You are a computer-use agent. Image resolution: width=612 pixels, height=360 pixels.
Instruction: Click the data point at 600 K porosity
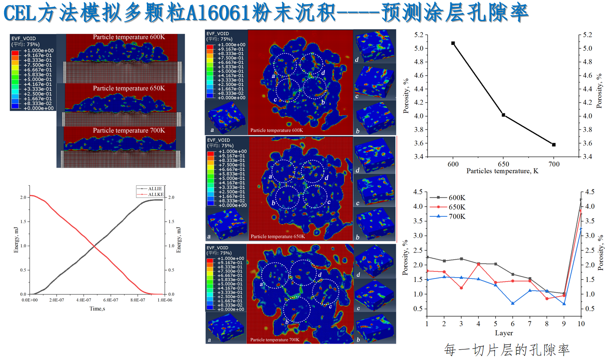(x=453, y=43)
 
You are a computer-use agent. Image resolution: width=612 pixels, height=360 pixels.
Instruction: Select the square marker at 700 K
(x=554, y=145)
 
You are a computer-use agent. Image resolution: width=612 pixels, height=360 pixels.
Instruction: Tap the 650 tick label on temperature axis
(x=503, y=164)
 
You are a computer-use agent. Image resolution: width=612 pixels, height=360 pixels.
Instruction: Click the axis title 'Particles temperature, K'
(x=502, y=171)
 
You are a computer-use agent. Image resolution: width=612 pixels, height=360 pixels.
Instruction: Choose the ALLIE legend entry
(x=155, y=189)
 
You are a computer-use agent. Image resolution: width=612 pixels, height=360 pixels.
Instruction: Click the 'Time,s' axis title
(x=97, y=309)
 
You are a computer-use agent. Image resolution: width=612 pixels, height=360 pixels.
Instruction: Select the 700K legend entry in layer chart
(x=457, y=217)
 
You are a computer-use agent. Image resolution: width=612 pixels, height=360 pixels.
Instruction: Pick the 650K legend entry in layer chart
(x=457, y=207)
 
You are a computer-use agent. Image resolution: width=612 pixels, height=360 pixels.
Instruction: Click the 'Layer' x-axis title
(x=504, y=333)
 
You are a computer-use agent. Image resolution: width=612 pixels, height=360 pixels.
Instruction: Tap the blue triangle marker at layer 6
(x=513, y=303)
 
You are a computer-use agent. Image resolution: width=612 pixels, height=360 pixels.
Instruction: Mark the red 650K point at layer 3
(x=461, y=288)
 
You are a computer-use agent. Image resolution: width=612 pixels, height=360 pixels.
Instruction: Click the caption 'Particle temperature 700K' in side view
(x=129, y=131)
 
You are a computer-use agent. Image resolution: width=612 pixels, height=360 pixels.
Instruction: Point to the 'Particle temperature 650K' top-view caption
(x=277, y=236)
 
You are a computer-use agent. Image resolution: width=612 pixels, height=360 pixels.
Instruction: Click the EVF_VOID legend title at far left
(x=24, y=39)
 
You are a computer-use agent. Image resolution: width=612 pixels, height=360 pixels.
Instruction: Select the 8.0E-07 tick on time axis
(x=138, y=300)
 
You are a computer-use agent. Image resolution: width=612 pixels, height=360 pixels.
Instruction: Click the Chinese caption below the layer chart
(x=507, y=349)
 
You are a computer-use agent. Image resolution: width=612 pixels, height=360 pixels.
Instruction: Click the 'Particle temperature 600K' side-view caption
(x=129, y=37)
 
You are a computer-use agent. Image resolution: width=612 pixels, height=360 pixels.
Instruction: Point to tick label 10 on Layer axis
(x=581, y=324)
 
